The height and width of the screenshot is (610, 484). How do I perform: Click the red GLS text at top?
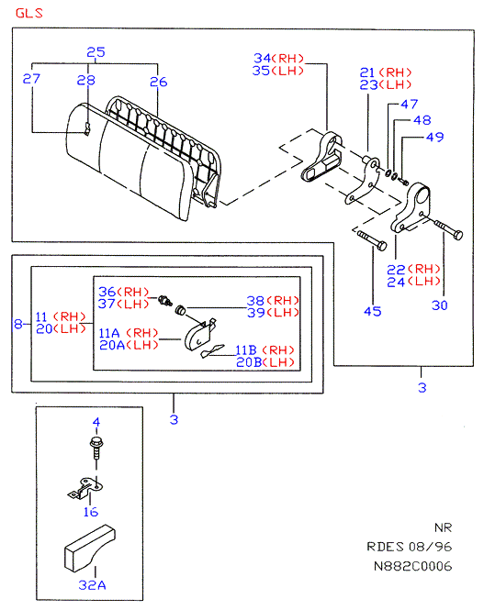coord(28,13)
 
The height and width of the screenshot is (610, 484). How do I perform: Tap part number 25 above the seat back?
coord(96,51)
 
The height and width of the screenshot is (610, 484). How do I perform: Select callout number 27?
coord(31,79)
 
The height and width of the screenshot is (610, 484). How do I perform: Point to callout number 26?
coord(159,82)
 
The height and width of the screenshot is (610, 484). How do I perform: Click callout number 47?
coord(410,104)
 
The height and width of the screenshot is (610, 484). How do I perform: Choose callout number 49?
coord(435,137)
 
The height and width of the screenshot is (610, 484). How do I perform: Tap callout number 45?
coord(373,311)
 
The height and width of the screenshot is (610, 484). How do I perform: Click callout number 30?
coord(440,305)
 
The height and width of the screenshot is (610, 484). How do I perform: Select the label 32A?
coord(92,585)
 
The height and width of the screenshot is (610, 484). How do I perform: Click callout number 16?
coord(91,512)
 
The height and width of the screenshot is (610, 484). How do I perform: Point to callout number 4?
coord(96,422)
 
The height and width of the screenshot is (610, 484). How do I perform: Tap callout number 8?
coord(18,324)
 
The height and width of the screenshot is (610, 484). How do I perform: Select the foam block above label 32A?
coord(89,549)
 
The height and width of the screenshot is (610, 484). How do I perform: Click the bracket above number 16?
coord(85,489)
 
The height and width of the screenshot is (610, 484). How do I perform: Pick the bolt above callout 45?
coord(372,240)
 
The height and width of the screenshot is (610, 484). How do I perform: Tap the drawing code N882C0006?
coord(412,566)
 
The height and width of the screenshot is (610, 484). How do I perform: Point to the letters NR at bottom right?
coord(443,528)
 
